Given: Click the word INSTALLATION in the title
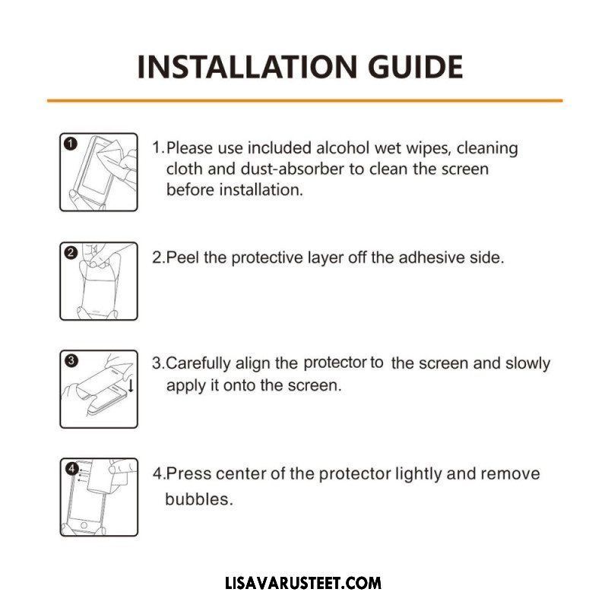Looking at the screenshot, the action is click(247, 67).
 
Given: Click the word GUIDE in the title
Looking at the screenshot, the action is click(415, 67).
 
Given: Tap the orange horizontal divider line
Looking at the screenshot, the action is click(305, 100).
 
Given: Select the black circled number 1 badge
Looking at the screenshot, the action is click(70, 144).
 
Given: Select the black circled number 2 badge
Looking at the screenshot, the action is click(71, 253).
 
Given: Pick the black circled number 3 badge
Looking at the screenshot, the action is click(71, 360).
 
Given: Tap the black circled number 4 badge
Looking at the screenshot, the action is click(71, 469).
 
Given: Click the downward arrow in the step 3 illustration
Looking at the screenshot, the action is click(131, 385).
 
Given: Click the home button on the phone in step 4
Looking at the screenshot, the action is click(84, 525).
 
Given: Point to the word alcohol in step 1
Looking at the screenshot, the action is click(343, 147).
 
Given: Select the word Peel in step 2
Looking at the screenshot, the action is click(182, 257).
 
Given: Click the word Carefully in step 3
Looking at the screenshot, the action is click(198, 363).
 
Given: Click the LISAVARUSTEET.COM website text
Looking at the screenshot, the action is click(303, 583).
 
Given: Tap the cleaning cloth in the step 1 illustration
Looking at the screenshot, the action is click(110, 154).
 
